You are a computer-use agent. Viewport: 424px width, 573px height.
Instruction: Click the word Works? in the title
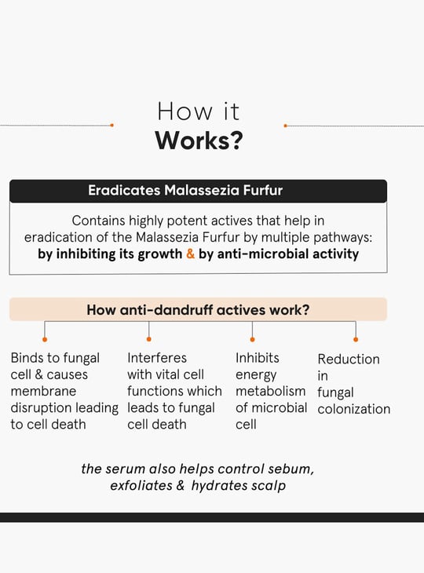[x=199, y=141]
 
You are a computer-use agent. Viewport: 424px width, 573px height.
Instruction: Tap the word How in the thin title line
[x=185, y=111]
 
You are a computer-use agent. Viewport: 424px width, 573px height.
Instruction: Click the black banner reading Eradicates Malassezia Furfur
[x=198, y=191]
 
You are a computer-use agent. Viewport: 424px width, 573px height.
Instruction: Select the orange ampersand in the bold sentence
[x=191, y=254]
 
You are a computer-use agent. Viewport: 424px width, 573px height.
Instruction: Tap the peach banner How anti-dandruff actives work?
[x=198, y=309]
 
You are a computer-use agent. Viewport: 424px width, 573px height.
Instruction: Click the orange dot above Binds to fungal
[x=45, y=340]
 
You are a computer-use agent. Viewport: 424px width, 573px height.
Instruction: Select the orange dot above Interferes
[x=148, y=339]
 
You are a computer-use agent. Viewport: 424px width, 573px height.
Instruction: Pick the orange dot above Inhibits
[x=252, y=340]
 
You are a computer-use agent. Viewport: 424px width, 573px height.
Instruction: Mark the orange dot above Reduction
[x=356, y=340]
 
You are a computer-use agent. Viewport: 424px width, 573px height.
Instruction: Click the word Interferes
[x=157, y=358]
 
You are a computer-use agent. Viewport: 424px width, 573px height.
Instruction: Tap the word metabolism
[x=270, y=391]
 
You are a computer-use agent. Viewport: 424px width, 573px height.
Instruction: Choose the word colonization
[x=354, y=409]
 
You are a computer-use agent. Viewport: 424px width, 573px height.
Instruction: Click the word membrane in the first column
[x=43, y=391]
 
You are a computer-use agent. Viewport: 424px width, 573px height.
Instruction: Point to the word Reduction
[x=349, y=359]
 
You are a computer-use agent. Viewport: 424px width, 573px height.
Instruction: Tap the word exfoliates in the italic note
[x=141, y=485]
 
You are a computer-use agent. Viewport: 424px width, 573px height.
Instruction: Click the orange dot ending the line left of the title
[x=111, y=125]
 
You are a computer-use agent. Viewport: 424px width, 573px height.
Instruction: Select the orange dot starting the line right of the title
[x=286, y=126]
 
